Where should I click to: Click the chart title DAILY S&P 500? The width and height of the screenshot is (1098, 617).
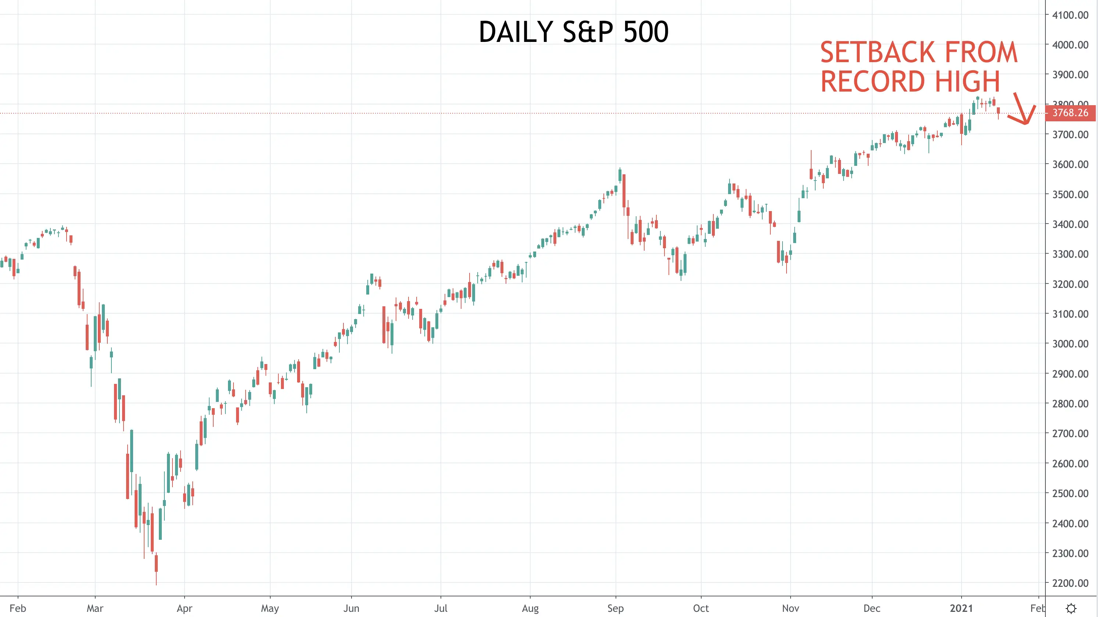(573, 32)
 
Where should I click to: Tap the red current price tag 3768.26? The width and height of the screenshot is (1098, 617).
(1070, 113)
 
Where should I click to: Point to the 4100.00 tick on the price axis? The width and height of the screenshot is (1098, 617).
(1070, 15)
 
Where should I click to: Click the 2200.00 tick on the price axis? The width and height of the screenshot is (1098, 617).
(1070, 583)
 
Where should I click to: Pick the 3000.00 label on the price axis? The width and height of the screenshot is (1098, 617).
(1070, 343)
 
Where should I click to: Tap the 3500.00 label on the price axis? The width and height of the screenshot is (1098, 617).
(1070, 194)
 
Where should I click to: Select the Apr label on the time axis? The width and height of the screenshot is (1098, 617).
(185, 608)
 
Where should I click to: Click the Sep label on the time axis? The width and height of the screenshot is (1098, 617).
(616, 608)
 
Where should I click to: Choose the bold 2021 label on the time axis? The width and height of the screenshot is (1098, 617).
(961, 608)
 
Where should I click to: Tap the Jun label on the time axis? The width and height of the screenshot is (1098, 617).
(351, 608)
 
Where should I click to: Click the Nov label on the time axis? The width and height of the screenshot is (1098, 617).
(790, 608)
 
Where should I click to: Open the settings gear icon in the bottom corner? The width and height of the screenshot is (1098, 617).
(1071, 608)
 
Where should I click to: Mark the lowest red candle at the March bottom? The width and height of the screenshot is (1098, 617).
(156, 569)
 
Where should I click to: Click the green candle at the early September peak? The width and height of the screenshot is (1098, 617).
(620, 175)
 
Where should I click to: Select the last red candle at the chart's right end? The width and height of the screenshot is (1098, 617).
(998, 113)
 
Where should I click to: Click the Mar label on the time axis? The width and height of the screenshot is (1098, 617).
(95, 608)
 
